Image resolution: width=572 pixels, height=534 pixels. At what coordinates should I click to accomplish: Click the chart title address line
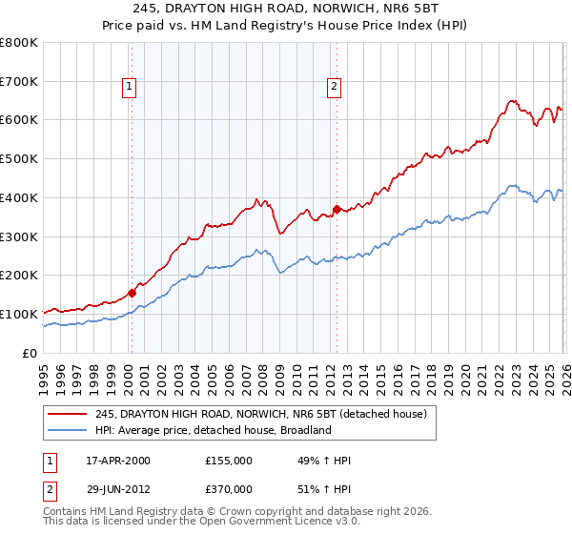coord(286,10)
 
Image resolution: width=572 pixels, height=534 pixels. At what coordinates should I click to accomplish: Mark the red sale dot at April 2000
coord(132,293)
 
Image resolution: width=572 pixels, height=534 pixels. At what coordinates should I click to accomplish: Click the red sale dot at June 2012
coord(337,209)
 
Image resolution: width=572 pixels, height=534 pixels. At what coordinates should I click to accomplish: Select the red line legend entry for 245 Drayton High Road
coord(266,413)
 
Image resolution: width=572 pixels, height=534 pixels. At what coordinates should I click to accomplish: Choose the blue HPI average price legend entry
coord(212,430)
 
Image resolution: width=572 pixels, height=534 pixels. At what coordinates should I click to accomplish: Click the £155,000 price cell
coord(228,461)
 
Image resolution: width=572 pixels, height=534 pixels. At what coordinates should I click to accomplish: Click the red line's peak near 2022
coord(512,100)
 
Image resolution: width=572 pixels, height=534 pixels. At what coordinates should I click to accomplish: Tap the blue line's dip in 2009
coord(280,274)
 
